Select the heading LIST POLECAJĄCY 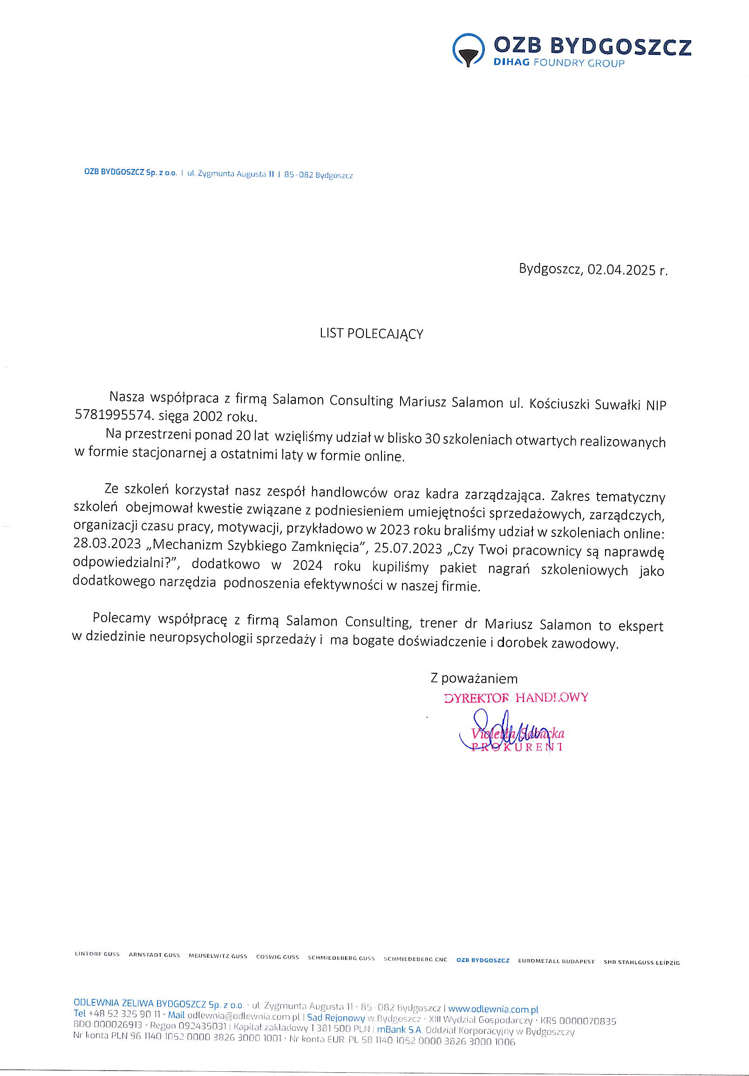371,334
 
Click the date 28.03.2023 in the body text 107,544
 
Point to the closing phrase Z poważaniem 474,678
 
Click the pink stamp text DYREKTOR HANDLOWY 516,698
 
